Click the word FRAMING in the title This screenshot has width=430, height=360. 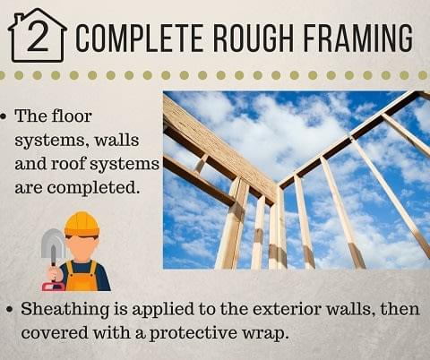pos(358,39)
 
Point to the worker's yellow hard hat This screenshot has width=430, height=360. pos(82,224)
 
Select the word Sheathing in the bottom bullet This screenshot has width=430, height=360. pos(64,310)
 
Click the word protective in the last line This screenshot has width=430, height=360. pos(193,333)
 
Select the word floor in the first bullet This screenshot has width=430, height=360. pos(72,116)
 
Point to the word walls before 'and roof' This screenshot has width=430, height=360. pos(116,141)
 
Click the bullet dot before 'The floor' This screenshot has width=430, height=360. pos(4,116)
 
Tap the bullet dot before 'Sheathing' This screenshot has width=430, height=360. pos(11,309)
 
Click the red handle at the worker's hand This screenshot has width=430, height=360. pos(53,287)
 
